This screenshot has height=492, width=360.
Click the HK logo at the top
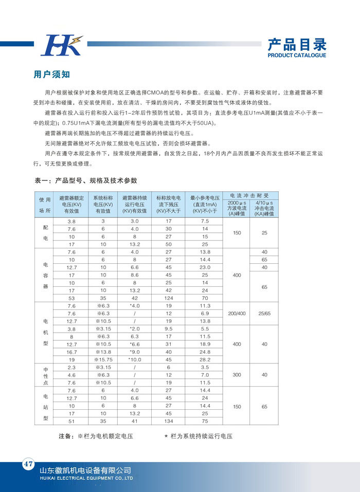coord(61,45)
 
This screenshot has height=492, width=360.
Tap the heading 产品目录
coord(297,44)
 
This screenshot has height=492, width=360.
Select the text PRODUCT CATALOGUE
coord(297,56)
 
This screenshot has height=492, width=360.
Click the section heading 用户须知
coord(51,75)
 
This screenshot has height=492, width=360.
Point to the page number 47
coord(27,464)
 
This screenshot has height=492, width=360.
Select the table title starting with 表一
coord(86,180)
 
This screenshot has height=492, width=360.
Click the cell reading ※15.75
coord(103,359)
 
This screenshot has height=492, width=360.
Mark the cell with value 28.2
coord(205,359)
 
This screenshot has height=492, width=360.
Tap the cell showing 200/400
coord(237,313)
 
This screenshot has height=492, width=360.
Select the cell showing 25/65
coord(264,313)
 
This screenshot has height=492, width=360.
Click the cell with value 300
coord(237,375)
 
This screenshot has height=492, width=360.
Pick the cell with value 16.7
coord(71,352)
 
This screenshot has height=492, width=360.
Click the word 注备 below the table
coord(65,436)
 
